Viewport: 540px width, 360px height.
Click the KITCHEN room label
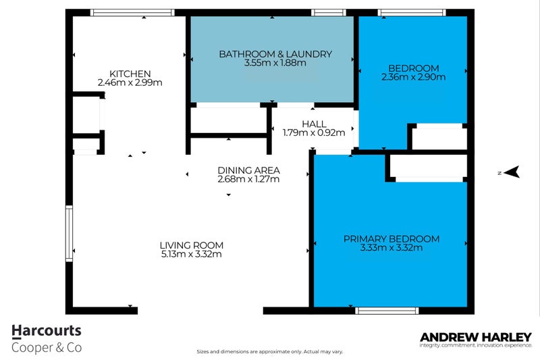[130, 74]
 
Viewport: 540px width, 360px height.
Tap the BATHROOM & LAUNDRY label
[275, 54]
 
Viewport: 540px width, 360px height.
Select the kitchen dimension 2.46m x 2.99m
[130, 83]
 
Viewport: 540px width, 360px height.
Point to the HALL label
[314, 124]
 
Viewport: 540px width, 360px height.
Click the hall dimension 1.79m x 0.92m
[314, 133]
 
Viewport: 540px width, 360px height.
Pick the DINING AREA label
[248, 170]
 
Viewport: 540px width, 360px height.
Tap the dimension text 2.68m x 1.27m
[248, 180]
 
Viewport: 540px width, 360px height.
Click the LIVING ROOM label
[191, 245]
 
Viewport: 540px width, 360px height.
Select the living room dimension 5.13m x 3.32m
[191, 255]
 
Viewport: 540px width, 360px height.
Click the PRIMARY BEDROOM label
[391, 238]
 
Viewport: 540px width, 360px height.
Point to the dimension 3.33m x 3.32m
[391, 248]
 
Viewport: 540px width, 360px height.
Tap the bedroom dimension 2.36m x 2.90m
[413, 77]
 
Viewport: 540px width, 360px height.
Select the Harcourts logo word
[47, 331]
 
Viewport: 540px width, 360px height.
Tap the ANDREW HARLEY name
[476, 336]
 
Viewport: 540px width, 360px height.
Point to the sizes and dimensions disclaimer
[269, 352]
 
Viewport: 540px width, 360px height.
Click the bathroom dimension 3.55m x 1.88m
[275, 63]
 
